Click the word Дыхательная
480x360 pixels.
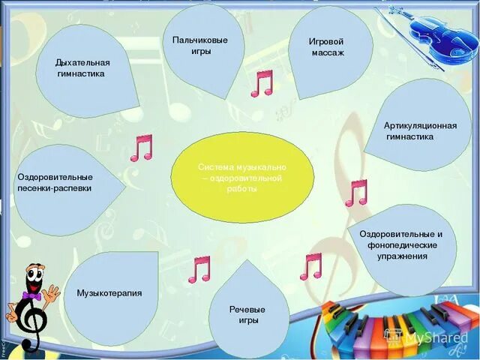pos(82,62)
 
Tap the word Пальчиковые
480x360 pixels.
pos(199,40)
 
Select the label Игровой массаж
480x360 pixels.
pos(326,46)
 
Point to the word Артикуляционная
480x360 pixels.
pos(420,125)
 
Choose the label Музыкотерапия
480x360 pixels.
pos(109,293)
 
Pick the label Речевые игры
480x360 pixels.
pos(247,314)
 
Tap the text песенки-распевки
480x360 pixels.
pos(55,188)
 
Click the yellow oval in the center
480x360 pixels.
pos(241,178)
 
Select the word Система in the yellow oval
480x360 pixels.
pos(214,167)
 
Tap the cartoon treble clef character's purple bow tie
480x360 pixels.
pos(32,297)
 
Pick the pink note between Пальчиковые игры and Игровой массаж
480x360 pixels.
pos(262,83)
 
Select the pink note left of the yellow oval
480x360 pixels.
pos(141,148)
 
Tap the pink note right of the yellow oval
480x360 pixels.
pos(356,193)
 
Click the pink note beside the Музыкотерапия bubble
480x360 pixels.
pos(199,269)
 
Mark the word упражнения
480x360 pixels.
pos(403,256)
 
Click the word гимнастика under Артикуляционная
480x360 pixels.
pos(409,137)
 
